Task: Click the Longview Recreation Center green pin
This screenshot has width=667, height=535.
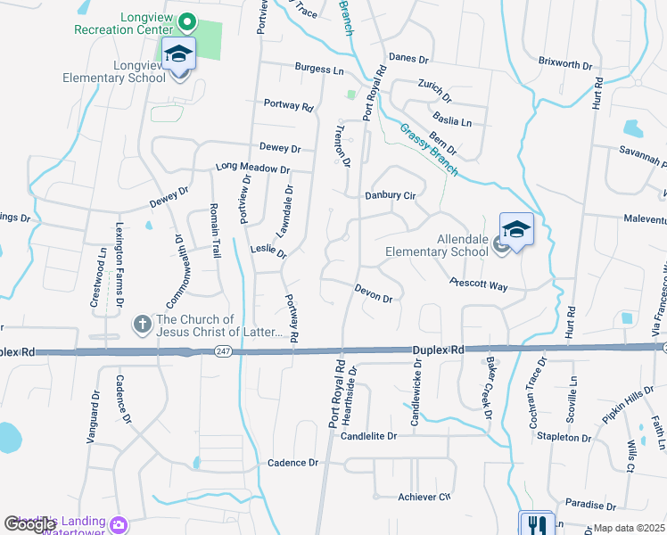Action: [x=187, y=21]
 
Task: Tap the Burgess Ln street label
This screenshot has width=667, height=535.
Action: [x=319, y=69]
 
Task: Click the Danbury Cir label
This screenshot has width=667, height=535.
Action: [x=391, y=195]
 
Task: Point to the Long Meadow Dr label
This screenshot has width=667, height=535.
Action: [x=253, y=168]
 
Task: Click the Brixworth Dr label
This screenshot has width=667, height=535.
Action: [x=564, y=64]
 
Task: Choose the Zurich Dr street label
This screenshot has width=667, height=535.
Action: [x=434, y=90]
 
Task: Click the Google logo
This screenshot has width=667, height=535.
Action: [x=29, y=525]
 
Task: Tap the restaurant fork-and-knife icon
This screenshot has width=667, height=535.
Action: [x=536, y=524]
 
